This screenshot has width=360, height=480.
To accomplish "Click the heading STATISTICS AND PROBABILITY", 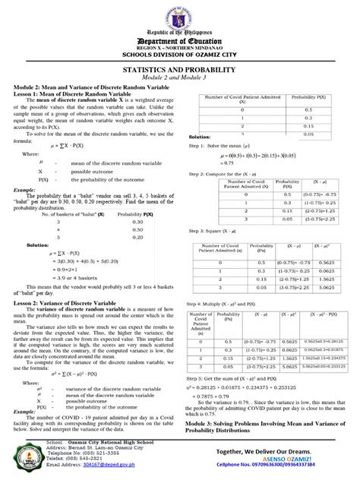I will [x=179, y=68].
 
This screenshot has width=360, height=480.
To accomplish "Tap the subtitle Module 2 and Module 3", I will [x=180, y=77].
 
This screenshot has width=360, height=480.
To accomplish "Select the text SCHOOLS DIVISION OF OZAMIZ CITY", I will [x=180, y=54].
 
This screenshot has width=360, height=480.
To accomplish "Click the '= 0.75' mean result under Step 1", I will [x=206, y=163].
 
